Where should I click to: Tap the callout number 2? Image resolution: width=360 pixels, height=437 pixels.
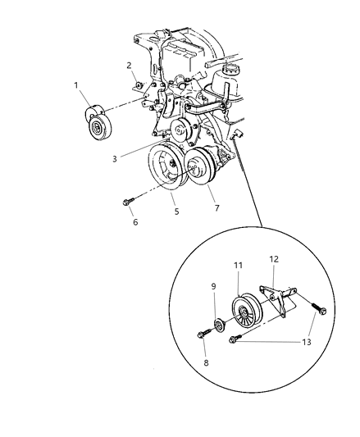tap(128, 65)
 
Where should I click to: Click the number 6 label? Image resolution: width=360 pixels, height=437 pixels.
tap(134, 222)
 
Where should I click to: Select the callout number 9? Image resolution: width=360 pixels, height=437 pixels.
tap(213, 287)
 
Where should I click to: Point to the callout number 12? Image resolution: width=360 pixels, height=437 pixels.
tap(274, 258)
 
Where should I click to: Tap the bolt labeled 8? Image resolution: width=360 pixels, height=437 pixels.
tap(204, 335)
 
